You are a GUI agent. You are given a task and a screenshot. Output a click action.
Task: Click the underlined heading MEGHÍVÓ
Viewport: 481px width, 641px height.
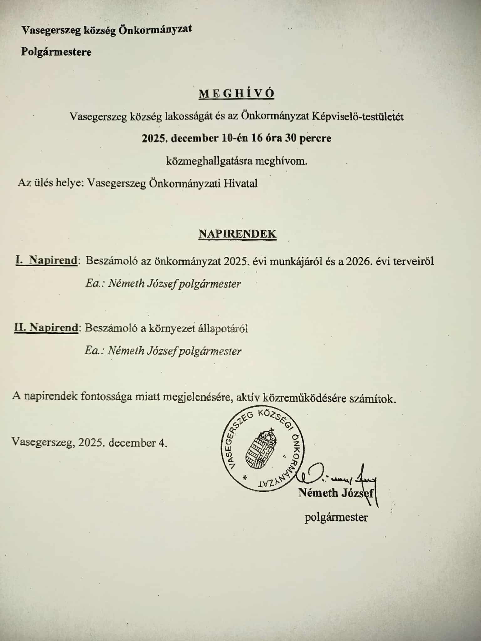pyautogui.click(x=236, y=94)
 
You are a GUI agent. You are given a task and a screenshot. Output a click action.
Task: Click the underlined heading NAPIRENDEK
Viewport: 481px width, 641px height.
pyautogui.click(x=237, y=234)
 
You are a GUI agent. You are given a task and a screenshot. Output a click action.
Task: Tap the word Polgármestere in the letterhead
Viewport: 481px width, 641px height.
pyautogui.click(x=56, y=52)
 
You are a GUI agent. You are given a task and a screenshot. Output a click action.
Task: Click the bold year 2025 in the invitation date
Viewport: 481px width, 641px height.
pyautogui.click(x=153, y=138)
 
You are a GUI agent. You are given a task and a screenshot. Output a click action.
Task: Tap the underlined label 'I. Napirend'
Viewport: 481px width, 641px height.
pyautogui.click(x=46, y=261)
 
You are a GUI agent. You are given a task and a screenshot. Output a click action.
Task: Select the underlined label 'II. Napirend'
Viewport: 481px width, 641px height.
pyautogui.click(x=46, y=328)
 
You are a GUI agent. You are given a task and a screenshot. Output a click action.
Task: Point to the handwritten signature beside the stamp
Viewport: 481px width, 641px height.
pyautogui.click(x=338, y=477)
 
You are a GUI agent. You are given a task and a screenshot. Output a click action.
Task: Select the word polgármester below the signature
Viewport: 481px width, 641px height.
pyautogui.click(x=336, y=517)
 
